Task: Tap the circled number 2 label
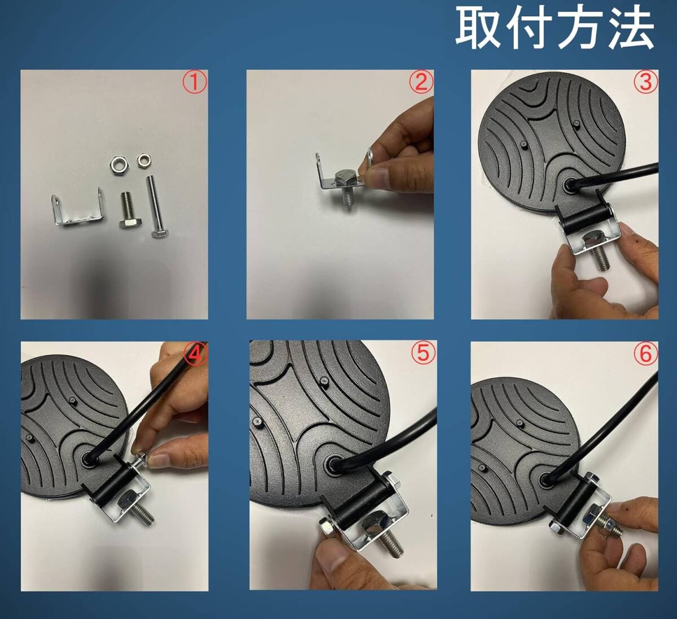421,82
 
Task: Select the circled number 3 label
646,82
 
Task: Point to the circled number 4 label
195,354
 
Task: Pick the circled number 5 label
423,353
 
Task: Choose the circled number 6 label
646,354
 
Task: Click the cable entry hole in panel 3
571,184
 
